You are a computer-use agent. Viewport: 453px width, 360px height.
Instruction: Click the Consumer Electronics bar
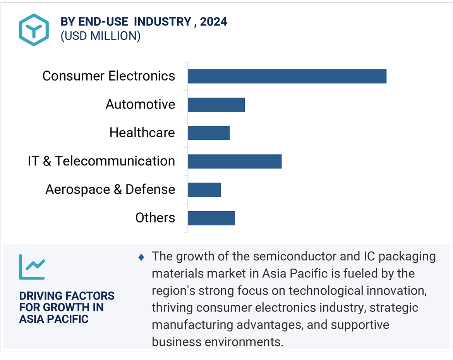[x=287, y=76]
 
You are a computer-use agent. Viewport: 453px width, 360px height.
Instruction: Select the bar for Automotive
[x=216, y=105]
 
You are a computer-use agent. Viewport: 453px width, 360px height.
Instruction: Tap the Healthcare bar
[x=209, y=133]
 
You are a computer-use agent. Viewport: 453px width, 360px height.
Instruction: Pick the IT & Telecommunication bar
[x=235, y=161]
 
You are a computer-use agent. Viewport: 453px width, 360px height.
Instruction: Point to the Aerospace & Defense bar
[x=204, y=189]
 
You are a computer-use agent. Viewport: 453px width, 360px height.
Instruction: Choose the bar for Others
[x=211, y=218]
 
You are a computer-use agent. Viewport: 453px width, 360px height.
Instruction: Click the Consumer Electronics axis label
[x=109, y=76]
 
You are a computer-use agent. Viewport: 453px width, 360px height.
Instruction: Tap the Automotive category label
[x=140, y=104]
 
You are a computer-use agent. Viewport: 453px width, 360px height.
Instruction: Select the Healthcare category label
[x=142, y=133]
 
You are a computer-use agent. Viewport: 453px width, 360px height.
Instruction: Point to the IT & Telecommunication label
[x=101, y=161]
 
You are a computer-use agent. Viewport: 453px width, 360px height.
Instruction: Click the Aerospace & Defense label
[x=110, y=189]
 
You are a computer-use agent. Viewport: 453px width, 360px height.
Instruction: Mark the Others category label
[x=155, y=218]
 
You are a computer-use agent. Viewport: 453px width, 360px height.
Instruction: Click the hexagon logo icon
[x=34, y=29]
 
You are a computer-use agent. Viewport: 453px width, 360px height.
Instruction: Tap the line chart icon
[x=32, y=267]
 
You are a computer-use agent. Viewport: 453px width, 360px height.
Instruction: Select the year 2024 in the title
[x=214, y=22]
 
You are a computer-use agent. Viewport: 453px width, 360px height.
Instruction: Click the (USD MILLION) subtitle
[x=100, y=36]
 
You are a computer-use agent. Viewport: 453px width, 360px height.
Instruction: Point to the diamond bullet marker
[x=141, y=257]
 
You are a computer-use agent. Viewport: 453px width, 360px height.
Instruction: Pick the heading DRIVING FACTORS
[x=67, y=296]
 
